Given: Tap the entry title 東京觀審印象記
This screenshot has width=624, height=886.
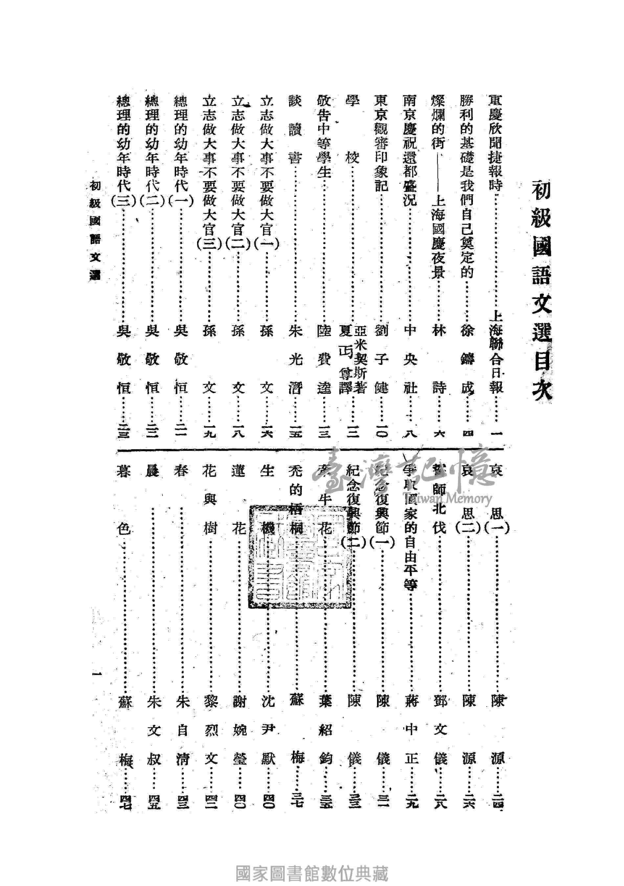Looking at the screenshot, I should tap(381, 143).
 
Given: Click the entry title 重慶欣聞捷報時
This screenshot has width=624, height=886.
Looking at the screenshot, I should tap(496, 143).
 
